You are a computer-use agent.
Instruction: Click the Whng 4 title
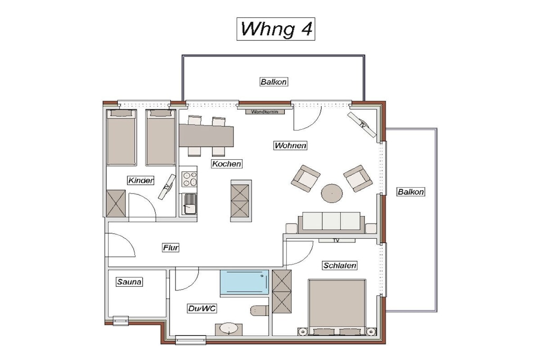(x=276, y=29)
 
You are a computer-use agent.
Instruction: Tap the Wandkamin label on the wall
(x=265, y=112)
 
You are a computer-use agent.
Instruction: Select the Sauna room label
(x=129, y=282)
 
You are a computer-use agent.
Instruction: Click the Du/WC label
(x=202, y=308)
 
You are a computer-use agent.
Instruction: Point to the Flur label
(x=171, y=247)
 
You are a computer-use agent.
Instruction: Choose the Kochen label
(x=227, y=164)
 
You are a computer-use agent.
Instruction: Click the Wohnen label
(x=291, y=145)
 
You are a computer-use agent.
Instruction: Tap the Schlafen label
(x=340, y=265)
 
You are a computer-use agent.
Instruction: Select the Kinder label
(x=140, y=180)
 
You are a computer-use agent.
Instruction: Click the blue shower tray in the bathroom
(x=245, y=282)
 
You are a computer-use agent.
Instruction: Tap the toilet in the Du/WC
(x=259, y=310)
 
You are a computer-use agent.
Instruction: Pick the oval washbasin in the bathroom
(x=229, y=329)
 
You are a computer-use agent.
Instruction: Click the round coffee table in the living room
(x=332, y=193)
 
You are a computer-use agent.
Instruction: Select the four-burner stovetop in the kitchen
(x=189, y=179)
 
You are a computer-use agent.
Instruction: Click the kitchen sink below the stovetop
(x=189, y=204)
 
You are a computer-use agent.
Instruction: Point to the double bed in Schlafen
(x=337, y=307)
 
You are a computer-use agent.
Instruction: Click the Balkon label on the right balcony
(x=410, y=192)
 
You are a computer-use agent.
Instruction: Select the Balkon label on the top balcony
(x=274, y=82)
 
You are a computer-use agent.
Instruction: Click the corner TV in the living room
(x=362, y=124)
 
